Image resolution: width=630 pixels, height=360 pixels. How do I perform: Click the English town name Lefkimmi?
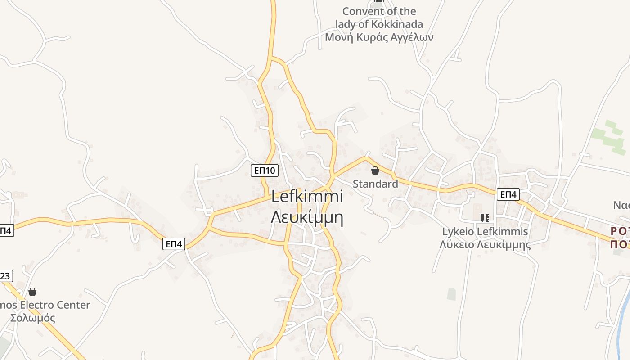(x=307, y=196)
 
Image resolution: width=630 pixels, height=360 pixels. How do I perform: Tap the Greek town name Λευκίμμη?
(x=307, y=217)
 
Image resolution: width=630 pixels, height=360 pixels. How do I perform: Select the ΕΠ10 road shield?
(x=265, y=170)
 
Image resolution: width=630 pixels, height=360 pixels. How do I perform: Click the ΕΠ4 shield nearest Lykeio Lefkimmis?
(x=508, y=194)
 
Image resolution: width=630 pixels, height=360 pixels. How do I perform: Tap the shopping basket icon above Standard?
(x=375, y=171)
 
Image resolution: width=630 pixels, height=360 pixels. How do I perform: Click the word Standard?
(x=375, y=184)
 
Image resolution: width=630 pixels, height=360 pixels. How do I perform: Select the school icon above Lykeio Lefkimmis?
(x=485, y=218)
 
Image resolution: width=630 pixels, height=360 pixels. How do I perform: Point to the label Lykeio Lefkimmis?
(x=485, y=232)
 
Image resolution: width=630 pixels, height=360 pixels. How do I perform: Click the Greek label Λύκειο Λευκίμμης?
(x=485, y=245)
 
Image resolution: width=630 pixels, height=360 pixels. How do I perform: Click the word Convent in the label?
(x=360, y=11)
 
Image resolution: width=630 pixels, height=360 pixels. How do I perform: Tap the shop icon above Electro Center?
(x=32, y=292)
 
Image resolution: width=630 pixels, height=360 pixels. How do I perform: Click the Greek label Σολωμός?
(x=32, y=318)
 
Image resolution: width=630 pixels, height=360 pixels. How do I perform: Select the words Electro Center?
(x=56, y=305)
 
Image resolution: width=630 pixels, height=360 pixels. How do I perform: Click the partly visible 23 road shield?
(x=5, y=275)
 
